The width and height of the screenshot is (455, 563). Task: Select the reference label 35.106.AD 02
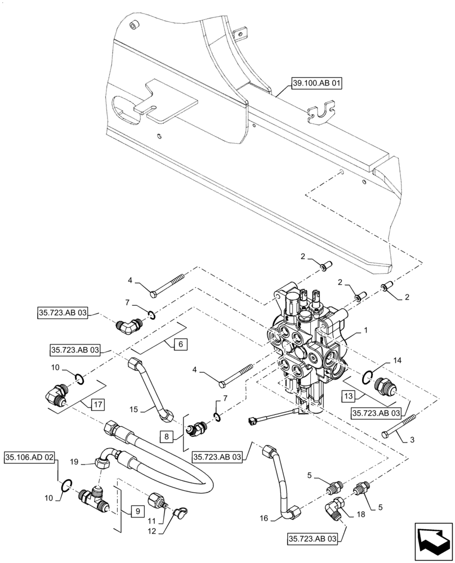click(x=30, y=457)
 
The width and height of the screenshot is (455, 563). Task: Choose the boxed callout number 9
click(x=135, y=512)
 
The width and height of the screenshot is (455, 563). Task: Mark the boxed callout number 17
click(x=98, y=404)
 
